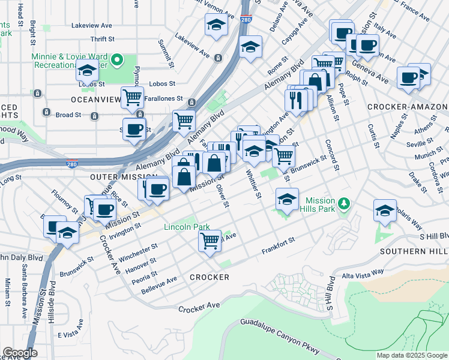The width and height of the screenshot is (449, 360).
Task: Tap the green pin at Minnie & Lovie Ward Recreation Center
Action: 118,60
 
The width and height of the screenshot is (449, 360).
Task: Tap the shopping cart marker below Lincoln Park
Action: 209,241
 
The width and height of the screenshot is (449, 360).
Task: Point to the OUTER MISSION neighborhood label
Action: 115,178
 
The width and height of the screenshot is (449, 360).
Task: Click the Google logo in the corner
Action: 19,353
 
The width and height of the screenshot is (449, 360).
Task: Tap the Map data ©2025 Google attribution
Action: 411,355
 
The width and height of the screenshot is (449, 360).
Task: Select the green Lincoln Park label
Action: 187,227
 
